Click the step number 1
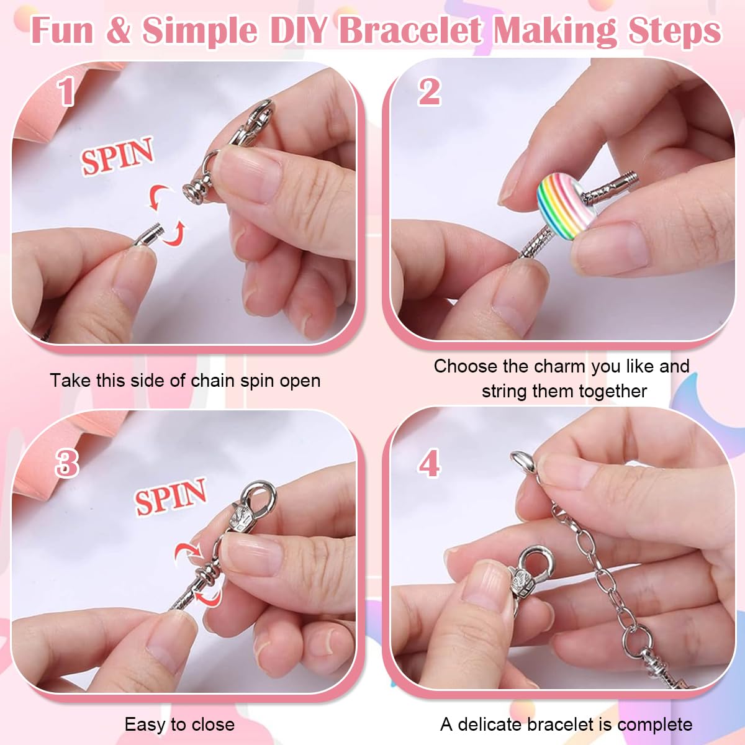coord(66,92)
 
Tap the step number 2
coord(429,92)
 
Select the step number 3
coord(66,463)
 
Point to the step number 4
coord(429,463)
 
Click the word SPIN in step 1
coord(117,156)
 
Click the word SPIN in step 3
coord(171,497)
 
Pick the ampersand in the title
coord(119,30)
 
